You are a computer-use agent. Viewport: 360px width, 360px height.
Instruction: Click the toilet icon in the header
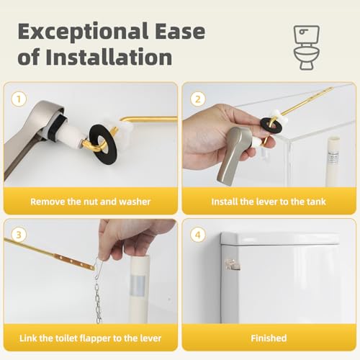[307, 48]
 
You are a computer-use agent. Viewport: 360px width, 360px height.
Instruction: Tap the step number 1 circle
[19, 99]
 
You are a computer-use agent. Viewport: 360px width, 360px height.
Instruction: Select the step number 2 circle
[198, 99]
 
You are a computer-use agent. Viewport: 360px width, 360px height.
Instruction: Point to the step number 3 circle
[19, 235]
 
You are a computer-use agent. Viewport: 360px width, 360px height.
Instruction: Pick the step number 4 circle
[198, 235]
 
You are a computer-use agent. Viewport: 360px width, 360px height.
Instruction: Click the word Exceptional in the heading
[83, 32]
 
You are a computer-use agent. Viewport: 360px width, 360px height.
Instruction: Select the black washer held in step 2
[269, 122]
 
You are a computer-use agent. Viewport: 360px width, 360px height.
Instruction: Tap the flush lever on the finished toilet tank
[233, 265]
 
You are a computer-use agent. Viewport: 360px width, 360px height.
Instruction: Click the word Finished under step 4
[269, 338]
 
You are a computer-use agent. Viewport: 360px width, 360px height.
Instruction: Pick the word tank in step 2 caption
[315, 202]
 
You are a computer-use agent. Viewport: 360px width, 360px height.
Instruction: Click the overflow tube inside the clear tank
[333, 161]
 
